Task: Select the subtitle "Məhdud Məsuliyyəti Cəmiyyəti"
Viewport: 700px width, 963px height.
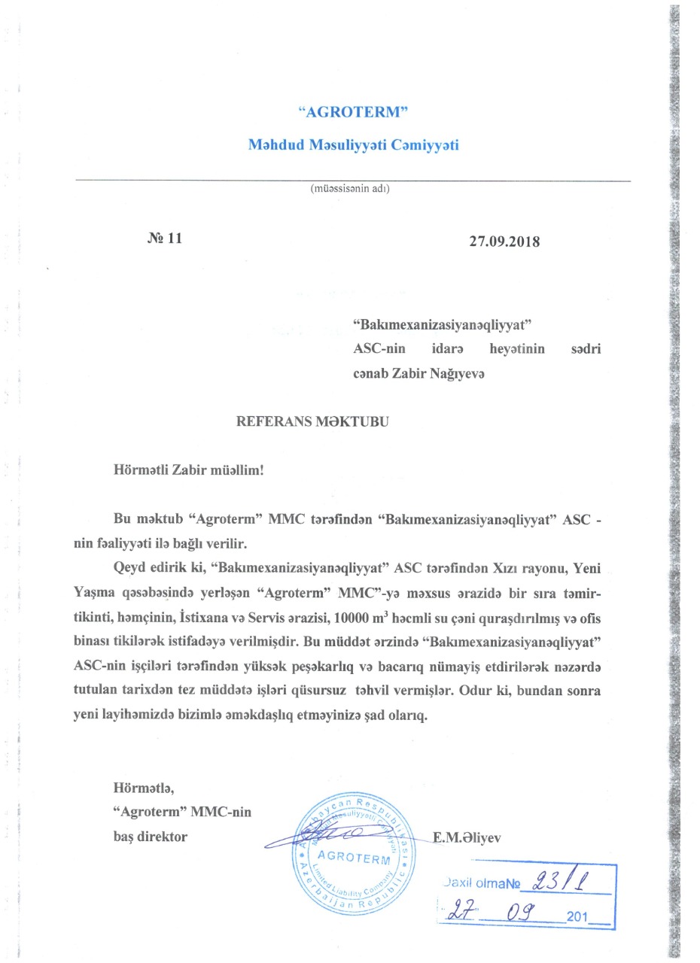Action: (x=354, y=144)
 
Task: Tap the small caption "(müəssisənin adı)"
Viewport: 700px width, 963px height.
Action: (x=350, y=189)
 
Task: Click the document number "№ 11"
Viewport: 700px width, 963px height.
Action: (x=165, y=238)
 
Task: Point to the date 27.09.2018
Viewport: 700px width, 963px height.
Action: (x=504, y=242)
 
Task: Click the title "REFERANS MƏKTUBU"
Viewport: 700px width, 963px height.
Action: (x=313, y=421)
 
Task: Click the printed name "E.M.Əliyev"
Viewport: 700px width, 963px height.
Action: (x=467, y=836)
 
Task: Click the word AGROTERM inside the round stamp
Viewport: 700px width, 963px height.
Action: (x=350, y=859)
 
